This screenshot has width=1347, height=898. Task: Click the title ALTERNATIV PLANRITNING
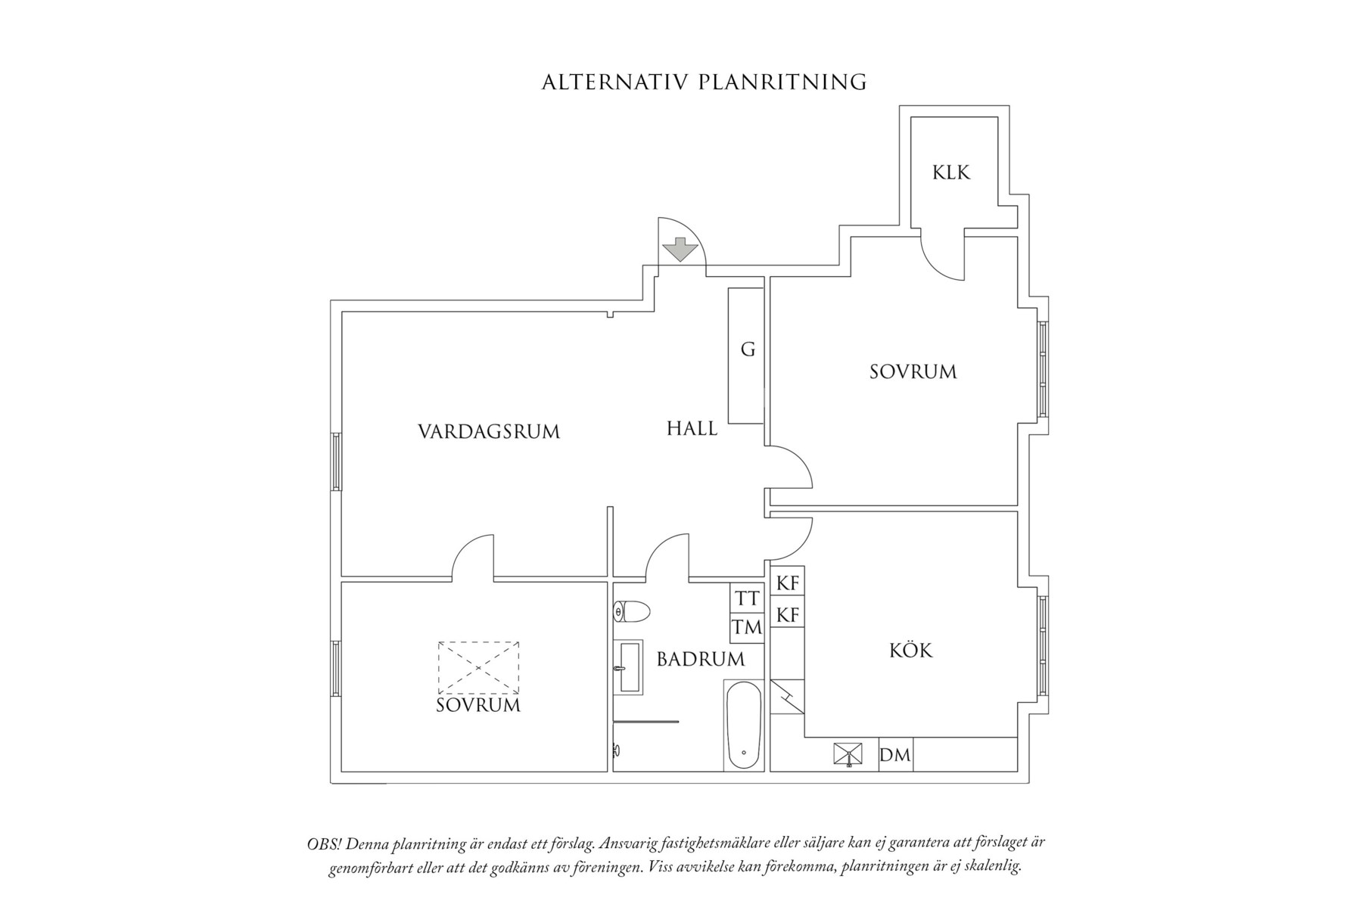point(704,82)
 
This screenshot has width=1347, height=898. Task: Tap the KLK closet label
point(950,173)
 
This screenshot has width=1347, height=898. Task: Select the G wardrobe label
point(748,350)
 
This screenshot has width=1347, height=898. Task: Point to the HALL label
point(692,429)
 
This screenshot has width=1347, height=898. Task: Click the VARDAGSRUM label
point(489,432)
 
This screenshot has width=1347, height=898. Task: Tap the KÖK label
point(911,651)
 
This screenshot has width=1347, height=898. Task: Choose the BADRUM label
point(700,660)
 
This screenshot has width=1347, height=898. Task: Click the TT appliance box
point(747,598)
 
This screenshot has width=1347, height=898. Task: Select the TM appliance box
point(747,627)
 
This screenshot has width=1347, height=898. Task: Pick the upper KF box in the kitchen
point(788,584)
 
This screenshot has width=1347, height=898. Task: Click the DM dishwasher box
point(895,755)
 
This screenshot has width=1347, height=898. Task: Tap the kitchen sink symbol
point(848,754)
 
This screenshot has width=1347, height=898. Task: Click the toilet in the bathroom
point(633,611)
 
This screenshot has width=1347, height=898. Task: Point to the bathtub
point(743,725)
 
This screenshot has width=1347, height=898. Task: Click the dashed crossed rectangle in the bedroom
point(478,667)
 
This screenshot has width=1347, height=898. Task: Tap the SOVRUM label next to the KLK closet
point(913,372)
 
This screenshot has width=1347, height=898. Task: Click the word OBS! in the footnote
point(322,843)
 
